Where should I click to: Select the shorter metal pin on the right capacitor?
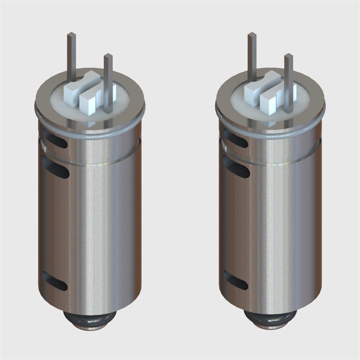click(289, 80)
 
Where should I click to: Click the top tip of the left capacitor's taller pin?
click(71, 34)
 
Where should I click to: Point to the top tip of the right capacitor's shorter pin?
click(288, 55)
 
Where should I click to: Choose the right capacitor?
click(270, 210)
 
